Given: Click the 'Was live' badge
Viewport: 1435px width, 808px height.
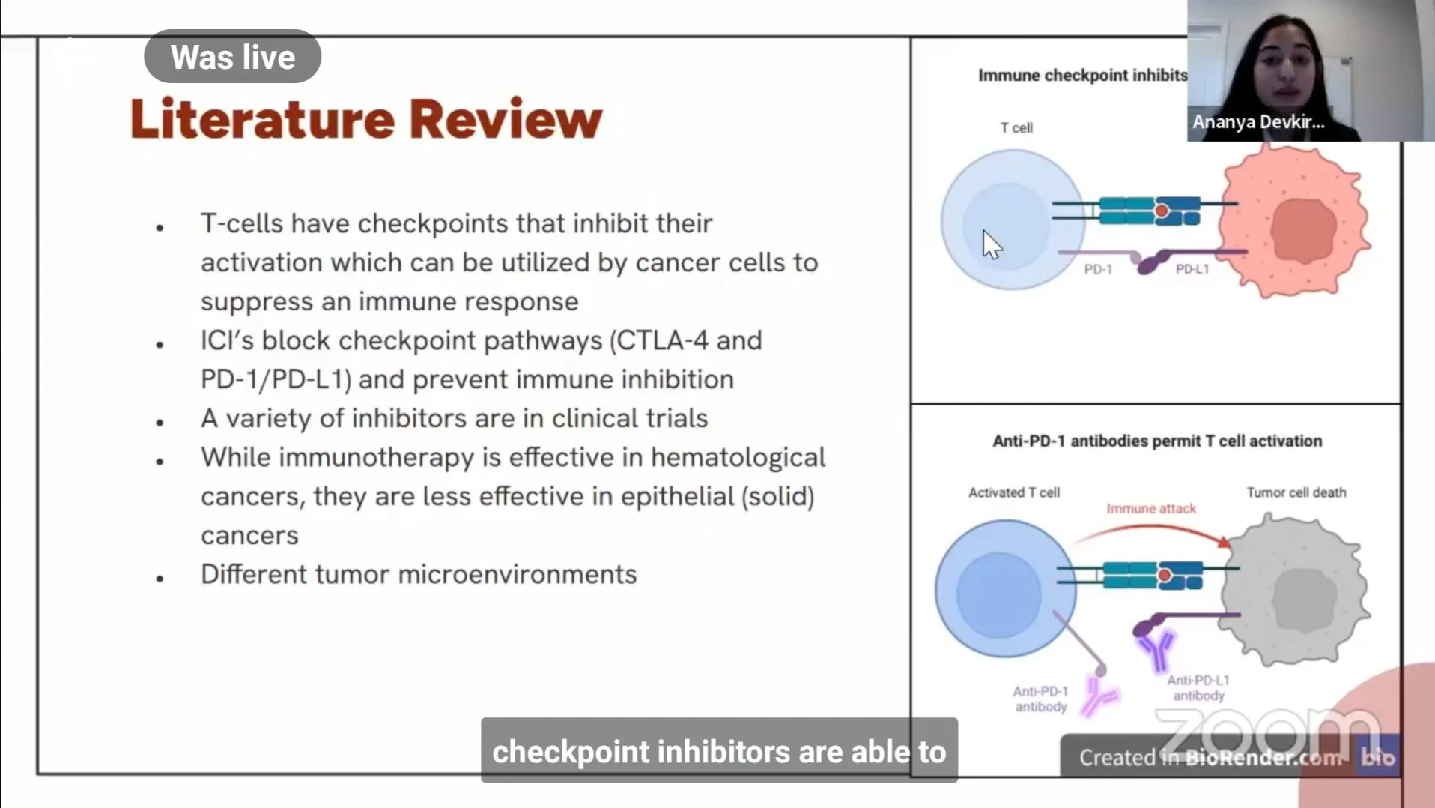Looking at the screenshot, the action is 232,57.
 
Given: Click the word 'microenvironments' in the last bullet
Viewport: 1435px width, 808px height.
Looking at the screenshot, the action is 518,574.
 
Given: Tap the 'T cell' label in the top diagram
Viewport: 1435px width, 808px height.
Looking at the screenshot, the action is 1016,128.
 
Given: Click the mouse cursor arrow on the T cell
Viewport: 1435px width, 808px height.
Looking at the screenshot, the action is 991,244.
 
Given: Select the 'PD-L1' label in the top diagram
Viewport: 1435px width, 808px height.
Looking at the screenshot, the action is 1192,269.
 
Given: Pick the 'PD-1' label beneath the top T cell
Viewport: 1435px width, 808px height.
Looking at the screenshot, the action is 1098,269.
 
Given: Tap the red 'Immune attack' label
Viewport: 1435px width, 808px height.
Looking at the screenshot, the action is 1151,508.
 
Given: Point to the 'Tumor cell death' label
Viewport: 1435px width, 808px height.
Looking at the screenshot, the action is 1296,492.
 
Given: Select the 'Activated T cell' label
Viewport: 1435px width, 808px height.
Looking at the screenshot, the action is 1014,492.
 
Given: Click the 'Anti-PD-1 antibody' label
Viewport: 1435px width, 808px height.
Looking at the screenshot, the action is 1040,699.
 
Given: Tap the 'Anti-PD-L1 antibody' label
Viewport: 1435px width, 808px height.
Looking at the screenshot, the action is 1198,687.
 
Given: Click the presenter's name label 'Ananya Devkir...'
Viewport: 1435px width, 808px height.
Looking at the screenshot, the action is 1258,121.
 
